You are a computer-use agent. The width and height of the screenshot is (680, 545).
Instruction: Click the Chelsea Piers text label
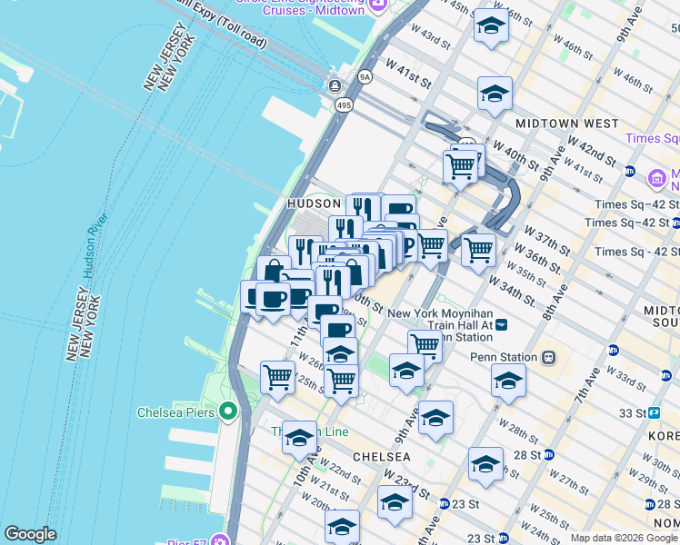pos(175,411)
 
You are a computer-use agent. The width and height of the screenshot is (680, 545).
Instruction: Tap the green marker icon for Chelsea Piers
pos(227,412)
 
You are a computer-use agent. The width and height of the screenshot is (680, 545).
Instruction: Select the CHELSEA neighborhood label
pos(383,456)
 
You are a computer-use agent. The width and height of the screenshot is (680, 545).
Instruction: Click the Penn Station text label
pos(505,357)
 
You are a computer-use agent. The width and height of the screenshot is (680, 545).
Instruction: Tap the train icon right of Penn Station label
pos(549,357)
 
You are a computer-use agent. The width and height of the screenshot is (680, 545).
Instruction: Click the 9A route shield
pos(365,77)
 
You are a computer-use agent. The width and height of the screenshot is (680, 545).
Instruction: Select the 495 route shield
pos(343,106)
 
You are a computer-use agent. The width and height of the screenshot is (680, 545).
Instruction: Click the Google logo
pos(30,534)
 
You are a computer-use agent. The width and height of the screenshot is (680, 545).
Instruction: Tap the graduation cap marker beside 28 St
pos(485,463)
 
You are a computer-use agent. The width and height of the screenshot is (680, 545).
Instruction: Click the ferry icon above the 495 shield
pos(335,86)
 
